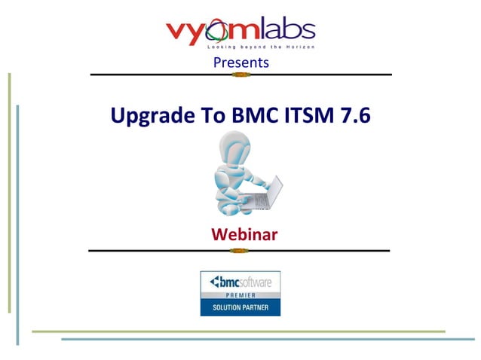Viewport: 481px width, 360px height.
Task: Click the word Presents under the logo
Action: (240, 63)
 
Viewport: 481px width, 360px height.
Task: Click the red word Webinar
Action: (244, 234)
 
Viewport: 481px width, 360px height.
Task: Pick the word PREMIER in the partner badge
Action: (240, 297)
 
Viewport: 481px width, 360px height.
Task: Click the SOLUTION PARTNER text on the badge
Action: (240, 308)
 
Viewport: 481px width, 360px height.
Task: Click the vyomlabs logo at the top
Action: (240, 32)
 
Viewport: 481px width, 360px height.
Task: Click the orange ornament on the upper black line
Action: (241, 75)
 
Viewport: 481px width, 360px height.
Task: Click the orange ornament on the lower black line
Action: (240, 250)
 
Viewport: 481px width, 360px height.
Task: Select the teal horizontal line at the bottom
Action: (264, 339)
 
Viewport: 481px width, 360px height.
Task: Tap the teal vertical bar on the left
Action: (17, 226)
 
